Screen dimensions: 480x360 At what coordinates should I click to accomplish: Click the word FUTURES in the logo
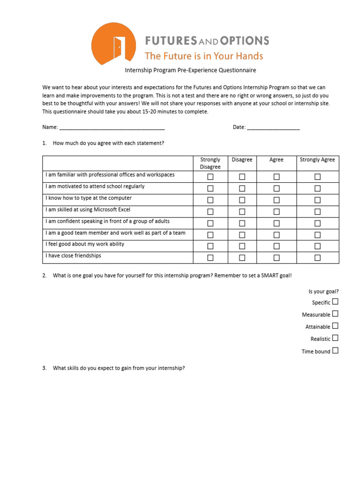pyautogui.click(x=171, y=41)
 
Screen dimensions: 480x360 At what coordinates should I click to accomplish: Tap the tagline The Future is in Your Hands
pyautogui.click(x=204, y=56)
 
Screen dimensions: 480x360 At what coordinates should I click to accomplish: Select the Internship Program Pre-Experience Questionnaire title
pyautogui.click(x=190, y=70)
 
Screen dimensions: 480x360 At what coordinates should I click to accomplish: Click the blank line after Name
pyautogui.click(x=112, y=127)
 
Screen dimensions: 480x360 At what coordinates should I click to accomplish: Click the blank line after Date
pyautogui.click(x=273, y=127)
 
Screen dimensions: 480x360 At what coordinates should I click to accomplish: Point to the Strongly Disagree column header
pyautogui.click(x=210, y=163)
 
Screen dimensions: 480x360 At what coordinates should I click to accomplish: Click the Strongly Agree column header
pyautogui.click(x=317, y=160)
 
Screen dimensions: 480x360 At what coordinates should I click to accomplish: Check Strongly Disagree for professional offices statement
pyautogui.click(x=210, y=177)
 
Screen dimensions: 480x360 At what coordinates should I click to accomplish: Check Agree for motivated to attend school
pyautogui.click(x=277, y=188)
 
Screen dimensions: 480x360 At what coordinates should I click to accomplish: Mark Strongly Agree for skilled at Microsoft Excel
pyautogui.click(x=317, y=211)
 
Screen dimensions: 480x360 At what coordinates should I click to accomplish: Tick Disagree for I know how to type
pyautogui.click(x=242, y=200)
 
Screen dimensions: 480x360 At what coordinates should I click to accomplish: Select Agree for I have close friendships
pyautogui.click(x=277, y=258)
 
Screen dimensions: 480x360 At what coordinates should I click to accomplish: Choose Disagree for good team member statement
pyautogui.click(x=242, y=235)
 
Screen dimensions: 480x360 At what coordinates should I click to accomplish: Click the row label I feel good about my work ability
pyautogui.click(x=85, y=244)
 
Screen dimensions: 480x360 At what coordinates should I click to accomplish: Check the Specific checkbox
pyautogui.click(x=335, y=302)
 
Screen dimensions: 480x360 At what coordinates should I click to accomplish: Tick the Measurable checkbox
pyautogui.click(x=335, y=314)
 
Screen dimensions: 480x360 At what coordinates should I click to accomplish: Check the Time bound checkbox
pyautogui.click(x=335, y=351)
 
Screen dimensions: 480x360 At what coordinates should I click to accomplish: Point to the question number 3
pyautogui.click(x=44, y=368)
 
